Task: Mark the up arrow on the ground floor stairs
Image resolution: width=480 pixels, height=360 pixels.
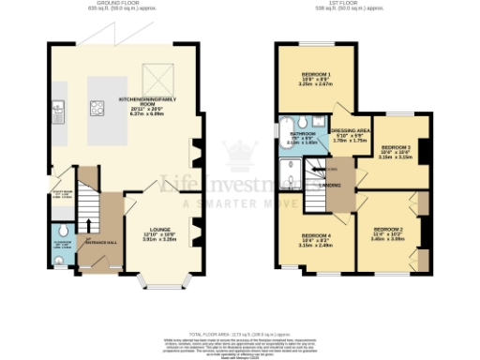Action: (89, 224)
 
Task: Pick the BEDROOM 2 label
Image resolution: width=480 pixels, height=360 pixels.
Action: (387, 230)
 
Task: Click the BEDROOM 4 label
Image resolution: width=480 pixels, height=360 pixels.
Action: (316, 235)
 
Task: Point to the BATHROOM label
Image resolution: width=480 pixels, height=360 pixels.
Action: (303, 134)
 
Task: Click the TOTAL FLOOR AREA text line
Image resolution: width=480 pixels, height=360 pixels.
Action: (239, 334)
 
